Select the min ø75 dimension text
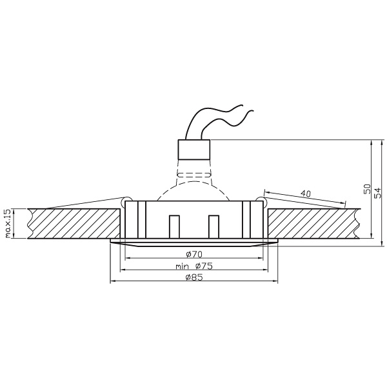[194, 265]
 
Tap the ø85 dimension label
[195, 277]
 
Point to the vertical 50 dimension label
[367, 190]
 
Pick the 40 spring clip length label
[305, 193]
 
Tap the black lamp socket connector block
[194, 150]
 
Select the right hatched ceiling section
[313, 223]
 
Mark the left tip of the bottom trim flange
[112, 243]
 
